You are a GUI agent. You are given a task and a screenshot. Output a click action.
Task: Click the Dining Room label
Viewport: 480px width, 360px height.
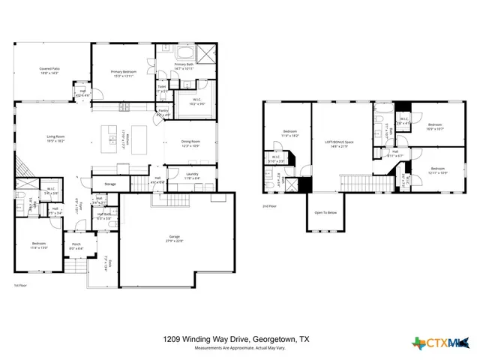pyautogui.click(x=190, y=142)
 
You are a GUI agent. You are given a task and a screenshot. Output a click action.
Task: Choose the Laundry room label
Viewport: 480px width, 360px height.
pyautogui.click(x=192, y=175)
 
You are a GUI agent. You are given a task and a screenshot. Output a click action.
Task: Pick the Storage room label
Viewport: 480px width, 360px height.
pyautogui.click(x=109, y=184)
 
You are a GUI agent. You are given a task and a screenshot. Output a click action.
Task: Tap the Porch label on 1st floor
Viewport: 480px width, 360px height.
pyautogui.click(x=76, y=244)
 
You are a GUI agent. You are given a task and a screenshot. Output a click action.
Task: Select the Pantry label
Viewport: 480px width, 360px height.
pyautogui.click(x=163, y=112)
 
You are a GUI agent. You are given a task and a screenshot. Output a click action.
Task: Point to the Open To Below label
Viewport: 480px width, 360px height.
pyautogui.click(x=325, y=212)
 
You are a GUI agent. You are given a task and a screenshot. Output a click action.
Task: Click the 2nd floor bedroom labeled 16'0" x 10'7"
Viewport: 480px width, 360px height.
pyautogui.click(x=436, y=126)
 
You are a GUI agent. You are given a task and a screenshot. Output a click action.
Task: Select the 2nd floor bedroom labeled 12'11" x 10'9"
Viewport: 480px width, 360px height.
pyautogui.click(x=437, y=170)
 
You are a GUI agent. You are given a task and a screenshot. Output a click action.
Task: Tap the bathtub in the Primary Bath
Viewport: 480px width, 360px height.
pyautogui.click(x=184, y=53)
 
